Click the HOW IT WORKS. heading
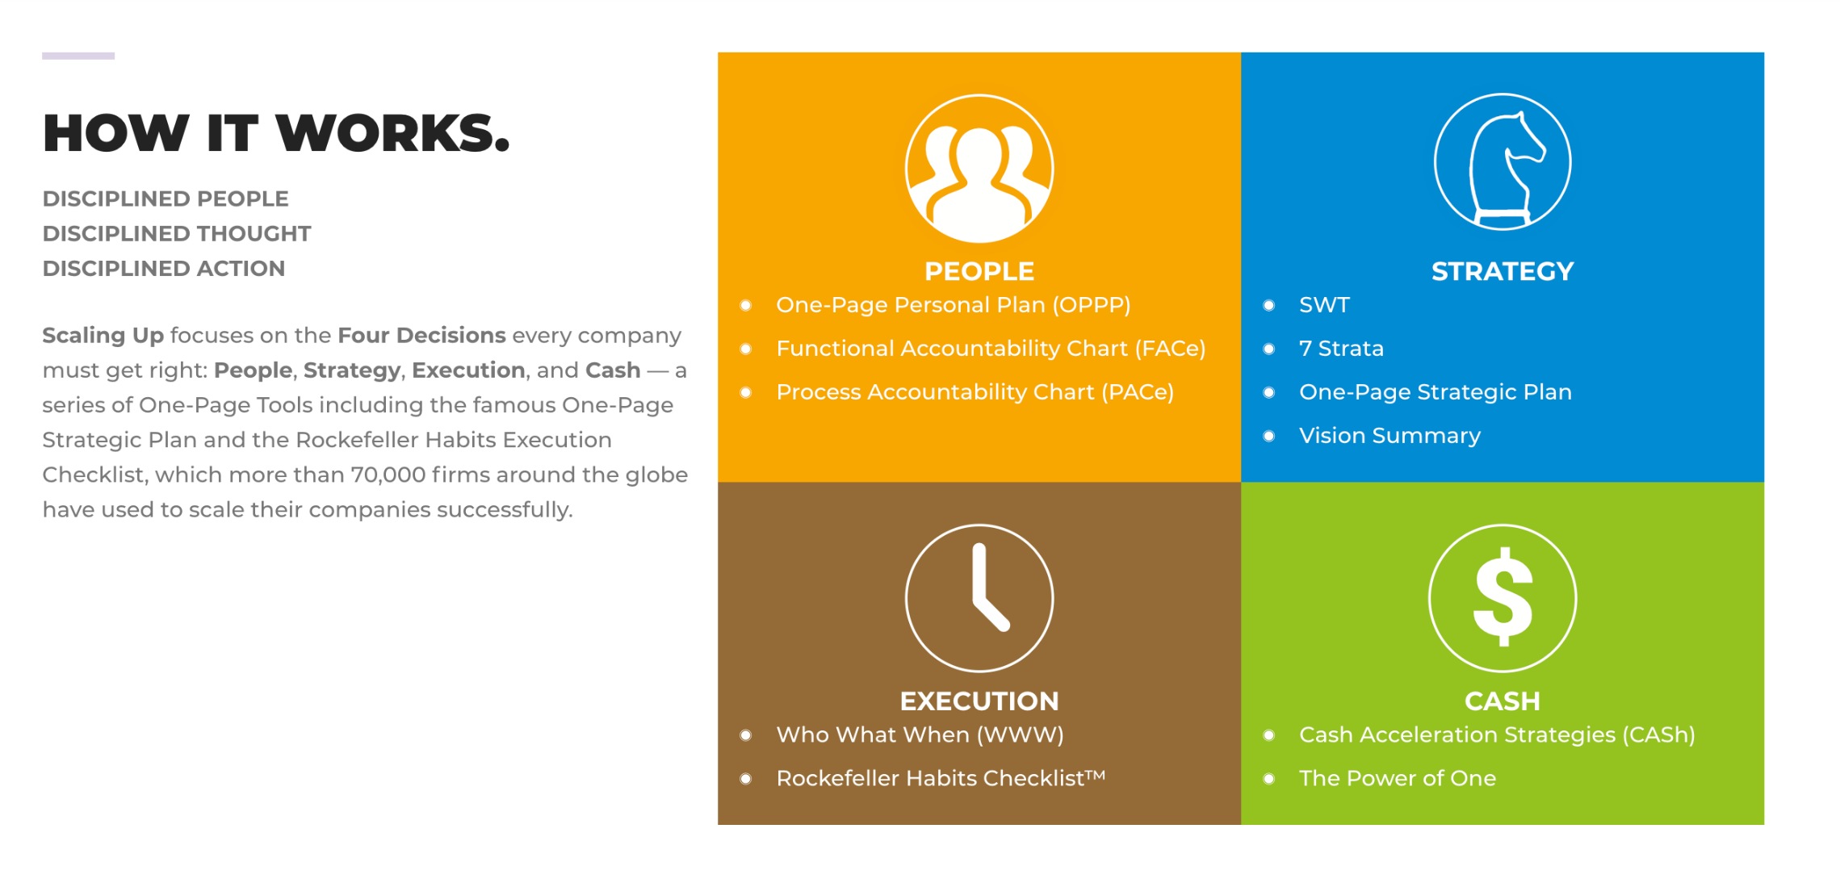(276, 133)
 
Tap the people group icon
(979, 169)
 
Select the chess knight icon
(1503, 161)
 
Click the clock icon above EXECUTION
(979, 598)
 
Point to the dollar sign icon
(1503, 598)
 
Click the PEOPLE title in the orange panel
(979, 271)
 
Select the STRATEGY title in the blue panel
(1503, 271)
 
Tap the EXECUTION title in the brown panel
(979, 701)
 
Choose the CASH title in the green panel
(1503, 701)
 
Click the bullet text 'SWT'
(1324, 305)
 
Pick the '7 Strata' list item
(1341, 349)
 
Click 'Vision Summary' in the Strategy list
(1389, 436)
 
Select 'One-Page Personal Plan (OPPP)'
(953, 305)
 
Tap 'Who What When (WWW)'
(920, 734)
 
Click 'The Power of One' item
(1398, 778)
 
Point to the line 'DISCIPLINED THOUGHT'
(177, 234)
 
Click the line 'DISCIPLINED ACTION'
(164, 269)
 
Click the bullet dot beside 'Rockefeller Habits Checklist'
(746, 779)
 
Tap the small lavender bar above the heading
(78, 56)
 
